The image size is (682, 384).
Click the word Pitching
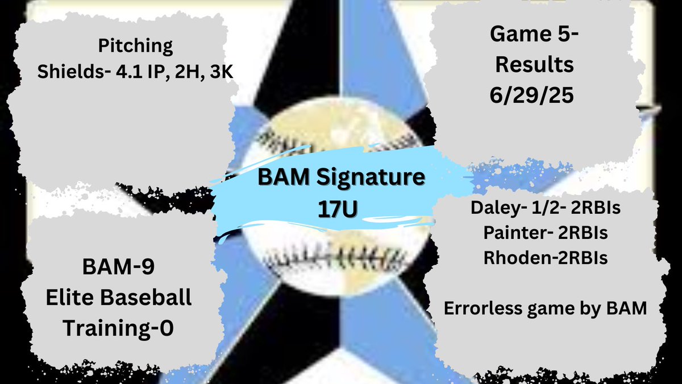[135, 46]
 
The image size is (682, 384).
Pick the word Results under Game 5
[534, 65]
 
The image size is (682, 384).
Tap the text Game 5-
[534, 36]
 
